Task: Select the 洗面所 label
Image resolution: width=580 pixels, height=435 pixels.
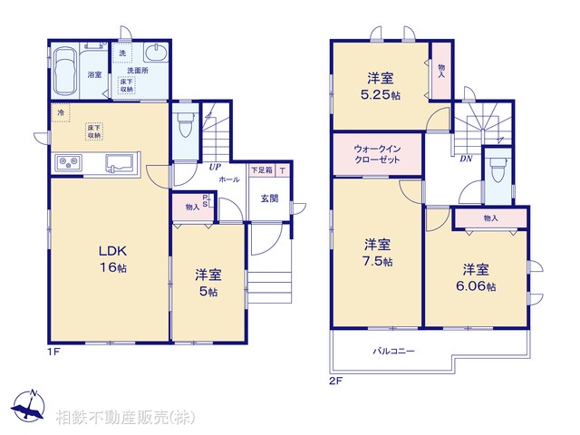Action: click(x=137, y=70)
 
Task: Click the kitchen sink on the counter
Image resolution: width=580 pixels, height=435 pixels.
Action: click(x=120, y=163)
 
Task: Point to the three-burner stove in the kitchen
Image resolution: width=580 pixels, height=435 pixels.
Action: click(x=69, y=163)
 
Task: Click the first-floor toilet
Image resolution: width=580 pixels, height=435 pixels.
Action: click(x=185, y=123)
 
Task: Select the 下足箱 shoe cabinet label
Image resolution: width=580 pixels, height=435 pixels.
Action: click(x=261, y=170)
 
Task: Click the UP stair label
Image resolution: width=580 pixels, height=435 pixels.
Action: click(x=215, y=168)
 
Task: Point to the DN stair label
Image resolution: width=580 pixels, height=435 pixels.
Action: click(x=465, y=158)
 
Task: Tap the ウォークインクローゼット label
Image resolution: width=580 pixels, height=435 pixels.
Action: click(x=376, y=153)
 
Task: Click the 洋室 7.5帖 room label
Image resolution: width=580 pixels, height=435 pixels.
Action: click(x=378, y=252)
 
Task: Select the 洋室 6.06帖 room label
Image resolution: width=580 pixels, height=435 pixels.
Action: click(x=477, y=276)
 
